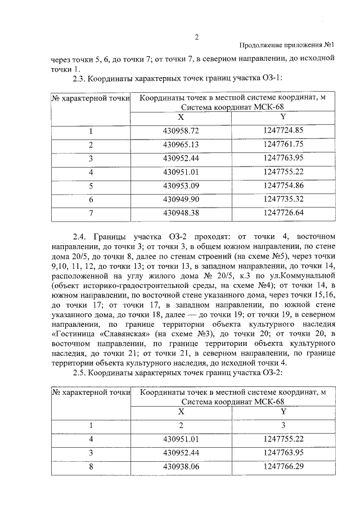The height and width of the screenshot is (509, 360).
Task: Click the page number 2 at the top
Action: (197, 37)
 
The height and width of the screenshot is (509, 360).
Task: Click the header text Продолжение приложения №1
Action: (287, 46)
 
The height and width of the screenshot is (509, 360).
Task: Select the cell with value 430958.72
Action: (181, 132)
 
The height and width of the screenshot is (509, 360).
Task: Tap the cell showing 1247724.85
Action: (283, 132)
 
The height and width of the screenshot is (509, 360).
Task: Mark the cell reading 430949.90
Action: (181, 199)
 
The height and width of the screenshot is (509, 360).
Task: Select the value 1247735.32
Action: (283, 199)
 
